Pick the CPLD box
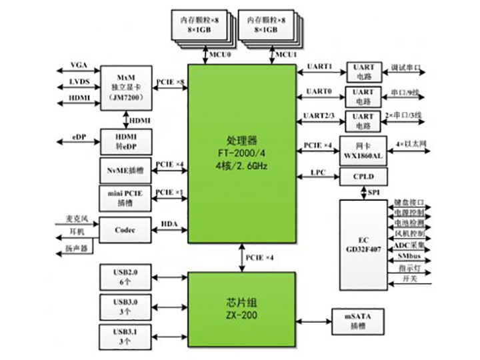[x=363, y=177]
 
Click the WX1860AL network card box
[x=363, y=149]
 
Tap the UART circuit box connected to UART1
[x=363, y=71]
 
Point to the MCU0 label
[x=220, y=55]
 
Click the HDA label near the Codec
[x=169, y=225]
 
